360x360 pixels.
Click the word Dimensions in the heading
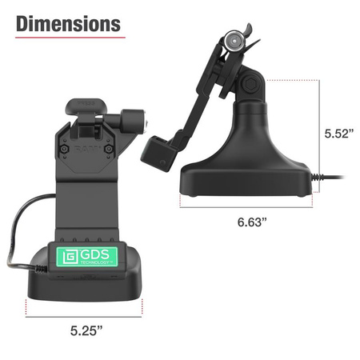click(x=68, y=23)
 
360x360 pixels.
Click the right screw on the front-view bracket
click(x=109, y=149)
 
